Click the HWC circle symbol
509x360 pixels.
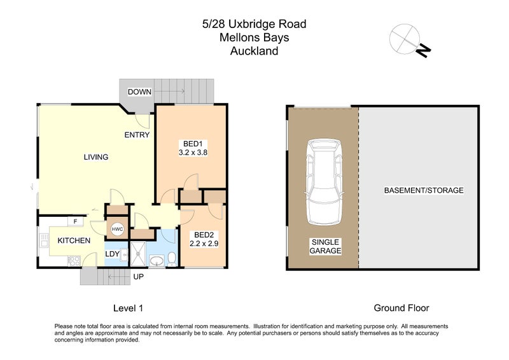coord(118,229)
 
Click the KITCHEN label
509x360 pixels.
coord(74,240)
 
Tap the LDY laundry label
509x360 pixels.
coord(113,254)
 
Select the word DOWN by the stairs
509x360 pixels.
coord(139,92)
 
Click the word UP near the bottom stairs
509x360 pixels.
coord(137,277)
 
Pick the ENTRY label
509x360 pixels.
coord(137,135)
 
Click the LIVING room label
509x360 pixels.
coord(96,157)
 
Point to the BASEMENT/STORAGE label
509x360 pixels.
coord(424,190)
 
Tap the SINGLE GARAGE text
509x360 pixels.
coord(326,246)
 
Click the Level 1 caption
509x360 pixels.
coord(128,308)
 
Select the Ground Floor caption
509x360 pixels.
coord(401,308)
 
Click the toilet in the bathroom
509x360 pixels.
coord(171,258)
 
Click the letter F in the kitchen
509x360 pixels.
coord(76,221)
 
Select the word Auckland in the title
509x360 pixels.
coord(254,52)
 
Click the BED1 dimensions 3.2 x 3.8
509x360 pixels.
coord(194,153)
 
